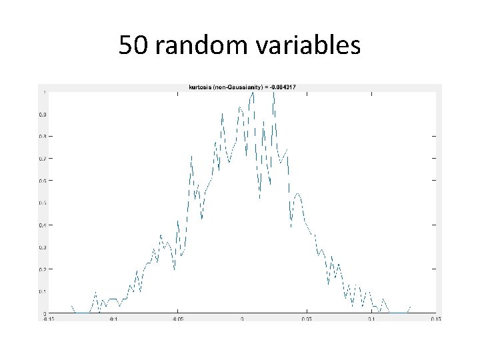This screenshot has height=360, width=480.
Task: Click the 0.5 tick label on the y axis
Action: pyautogui.click(x=42, y=203)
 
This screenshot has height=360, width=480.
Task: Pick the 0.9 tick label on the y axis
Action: pyautogui.click(x=42, y=114)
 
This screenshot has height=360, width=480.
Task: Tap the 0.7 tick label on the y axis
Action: pyautogui.click(x=42, y=159)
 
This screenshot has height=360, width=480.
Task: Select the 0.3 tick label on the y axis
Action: pyautogui.click(x=42, y=247)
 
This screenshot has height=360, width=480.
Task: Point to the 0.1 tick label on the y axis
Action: pyautogui.click(x=42, y=291)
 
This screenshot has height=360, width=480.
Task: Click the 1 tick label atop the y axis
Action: pyautogui.click(x=44, y=92)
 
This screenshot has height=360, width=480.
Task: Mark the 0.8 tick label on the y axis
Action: pyautogui.click(x=42, y=137)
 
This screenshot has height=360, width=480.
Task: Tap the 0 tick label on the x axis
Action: pyautogui.click(x=242, y=319)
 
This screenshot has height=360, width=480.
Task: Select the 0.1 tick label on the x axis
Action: pyautogui.click(x=371, y=319)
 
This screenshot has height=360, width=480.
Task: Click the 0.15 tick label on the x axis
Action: pyautogui.click(x=435, y=319)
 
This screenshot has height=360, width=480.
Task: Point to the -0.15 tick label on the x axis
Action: pyautogui.click(x=48, y=319)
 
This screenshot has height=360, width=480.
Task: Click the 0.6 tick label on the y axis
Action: pyautogui.click(x=42, y=181)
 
